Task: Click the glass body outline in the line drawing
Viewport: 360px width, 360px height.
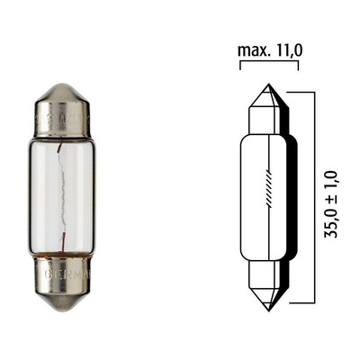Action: point(250,198)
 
